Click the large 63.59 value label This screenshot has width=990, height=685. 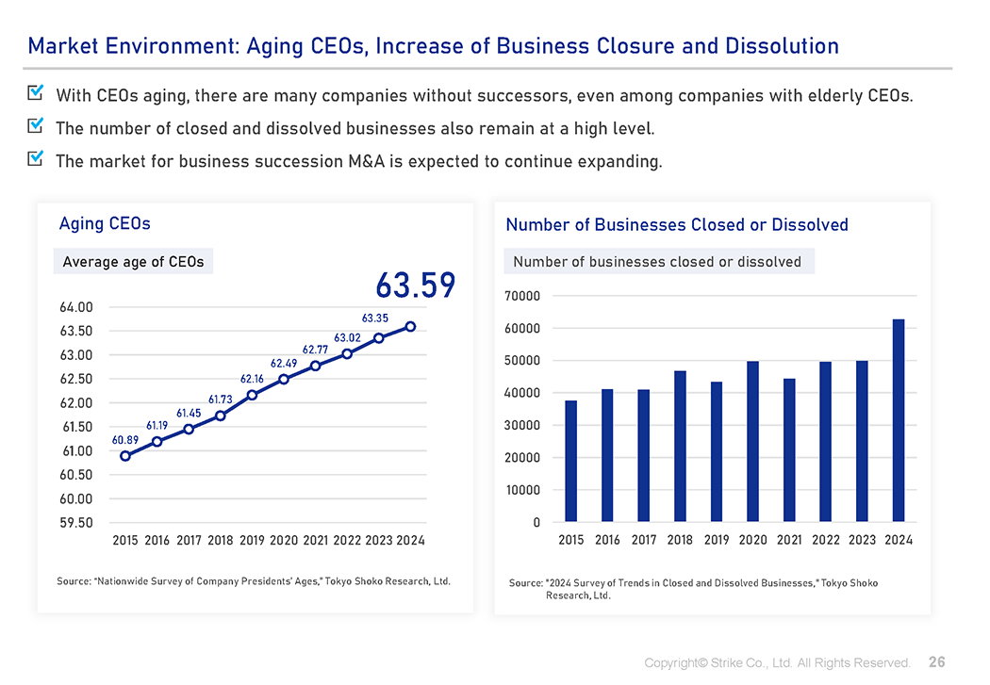click(415, 285)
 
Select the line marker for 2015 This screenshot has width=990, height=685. click(125, 456)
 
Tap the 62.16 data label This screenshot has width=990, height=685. click(252, 379)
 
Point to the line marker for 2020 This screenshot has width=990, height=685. click(284, 379)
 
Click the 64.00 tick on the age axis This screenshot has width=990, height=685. click(76, 307)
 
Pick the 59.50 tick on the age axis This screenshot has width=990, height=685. click(76, 523)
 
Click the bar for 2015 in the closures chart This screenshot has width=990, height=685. click(570, 461)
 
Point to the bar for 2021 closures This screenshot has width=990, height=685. click(789, 449)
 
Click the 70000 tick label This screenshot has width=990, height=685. click(523, 296)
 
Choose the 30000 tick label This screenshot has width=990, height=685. click(523, 426)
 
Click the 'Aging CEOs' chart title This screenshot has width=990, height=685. click(105, 223)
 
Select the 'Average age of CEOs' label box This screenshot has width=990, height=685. click(133, 262)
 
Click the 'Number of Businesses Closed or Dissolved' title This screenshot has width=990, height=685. click(677, 224)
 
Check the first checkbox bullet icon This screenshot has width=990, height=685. click(37, 93)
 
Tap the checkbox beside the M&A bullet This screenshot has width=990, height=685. click(37, 158)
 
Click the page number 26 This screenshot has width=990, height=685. click(936, 662)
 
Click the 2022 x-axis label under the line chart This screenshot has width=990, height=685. click(347, 541)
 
